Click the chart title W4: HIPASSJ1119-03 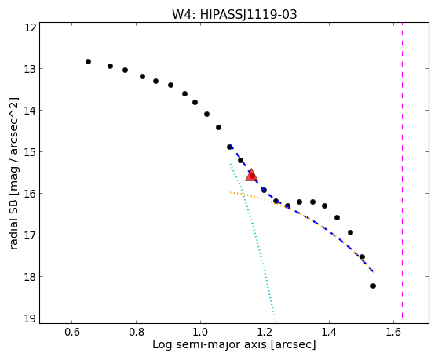234,15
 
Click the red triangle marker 251,176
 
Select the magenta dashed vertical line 402,170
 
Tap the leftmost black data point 88,62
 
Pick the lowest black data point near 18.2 373,285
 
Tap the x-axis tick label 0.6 71,332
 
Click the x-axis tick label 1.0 200,332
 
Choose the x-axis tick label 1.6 393,332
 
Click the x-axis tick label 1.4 329,332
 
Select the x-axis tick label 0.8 136,332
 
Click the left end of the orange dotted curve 230,192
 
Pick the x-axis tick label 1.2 265,332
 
